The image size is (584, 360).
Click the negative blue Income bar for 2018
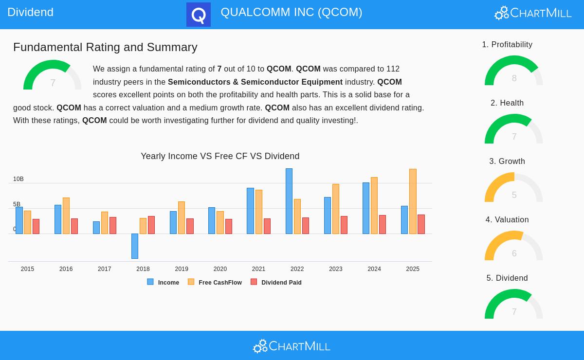[135, 246]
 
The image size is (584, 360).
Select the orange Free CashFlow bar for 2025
[413, 201]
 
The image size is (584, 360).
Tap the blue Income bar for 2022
[289, 201]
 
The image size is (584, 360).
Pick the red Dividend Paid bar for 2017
[113, 226]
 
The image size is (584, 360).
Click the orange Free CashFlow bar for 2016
[66, 216]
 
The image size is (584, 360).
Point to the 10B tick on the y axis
[18, 179]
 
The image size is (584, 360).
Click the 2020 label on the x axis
[220, 269]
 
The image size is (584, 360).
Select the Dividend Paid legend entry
[276, 282]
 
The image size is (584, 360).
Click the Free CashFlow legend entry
[215, 282]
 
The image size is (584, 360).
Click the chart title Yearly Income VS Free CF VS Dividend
[220, 156]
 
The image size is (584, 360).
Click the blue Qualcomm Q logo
[199, 15]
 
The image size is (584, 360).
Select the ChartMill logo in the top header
[533, 13]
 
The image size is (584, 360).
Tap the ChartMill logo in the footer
[292, 346]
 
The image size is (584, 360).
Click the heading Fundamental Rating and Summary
[105, 47]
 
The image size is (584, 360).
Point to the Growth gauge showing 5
[514, 188]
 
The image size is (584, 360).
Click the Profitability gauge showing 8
[514, 71]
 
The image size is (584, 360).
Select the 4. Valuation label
[507, 220]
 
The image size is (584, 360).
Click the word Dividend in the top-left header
[30, 12]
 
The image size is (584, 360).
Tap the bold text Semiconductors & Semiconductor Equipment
[255, 82]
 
